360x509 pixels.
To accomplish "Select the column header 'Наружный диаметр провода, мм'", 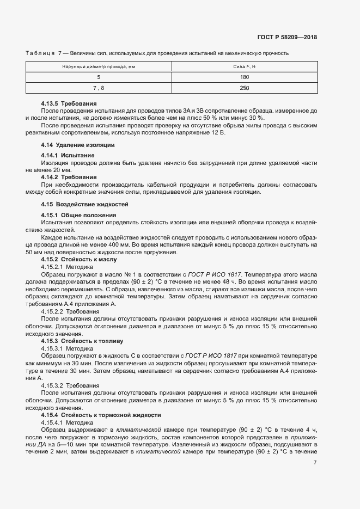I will (99, 66).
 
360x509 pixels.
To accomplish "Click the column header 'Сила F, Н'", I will (244, 66).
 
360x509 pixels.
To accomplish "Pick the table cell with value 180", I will (244, 77).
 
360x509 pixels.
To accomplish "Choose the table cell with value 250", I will (244, 88).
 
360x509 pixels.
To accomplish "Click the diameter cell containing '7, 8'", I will (99, 88).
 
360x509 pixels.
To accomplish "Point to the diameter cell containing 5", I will (99, 77).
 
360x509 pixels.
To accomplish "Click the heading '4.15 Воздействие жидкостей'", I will (84, 204).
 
